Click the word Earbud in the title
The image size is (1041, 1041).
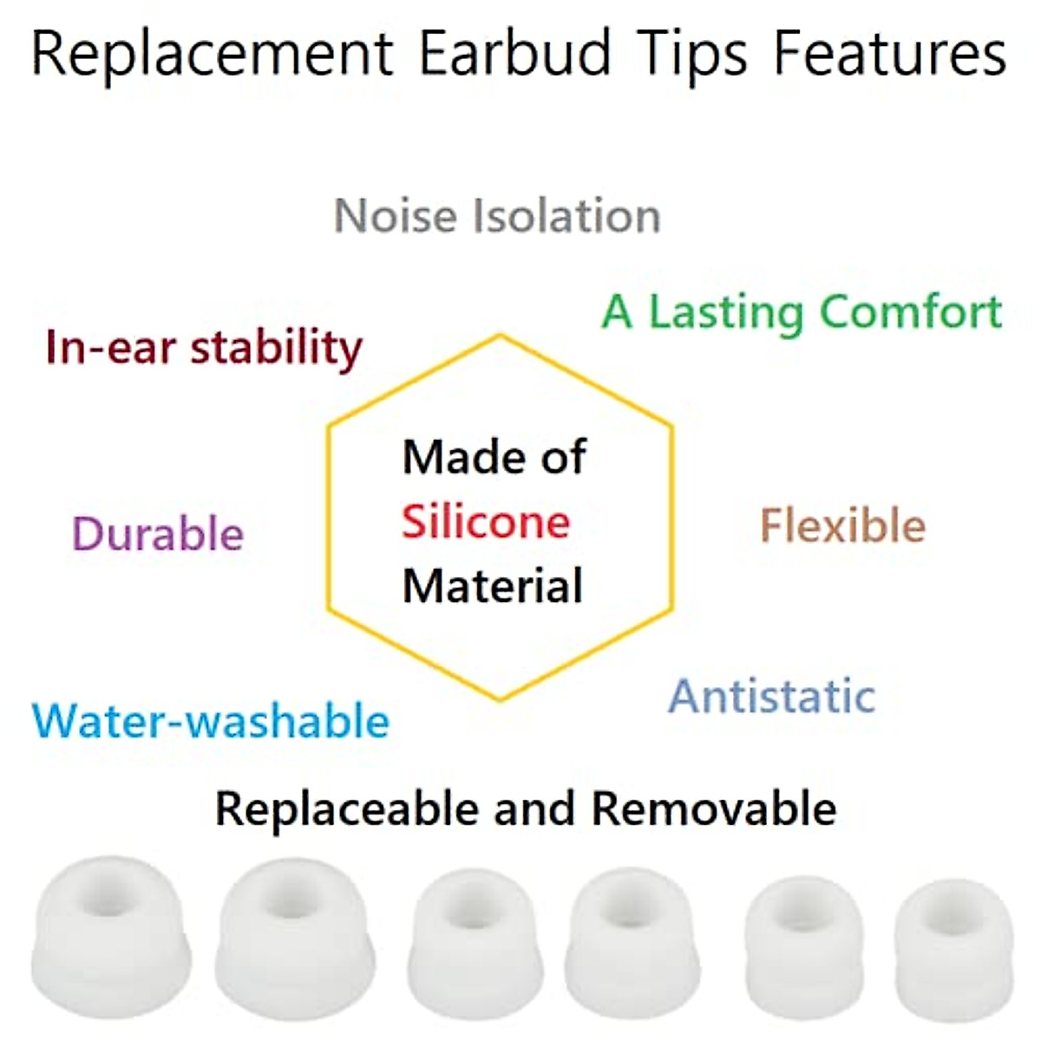tap(515, 54)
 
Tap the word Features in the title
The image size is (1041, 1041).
tap(890, 54)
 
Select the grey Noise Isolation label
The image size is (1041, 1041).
tap(497, 216)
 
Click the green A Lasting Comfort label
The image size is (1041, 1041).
tap(802, 312)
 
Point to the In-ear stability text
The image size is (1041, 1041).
tap(204, 347)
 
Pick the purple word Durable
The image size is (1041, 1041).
tap(158, 534)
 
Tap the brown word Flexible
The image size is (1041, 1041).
tap(842, 526)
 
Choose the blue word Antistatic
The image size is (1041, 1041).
tap(772, 696)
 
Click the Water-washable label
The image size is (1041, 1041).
tap(211, 721)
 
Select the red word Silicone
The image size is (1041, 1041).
tap(486, 522)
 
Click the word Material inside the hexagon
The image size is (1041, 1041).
tap(493, 586)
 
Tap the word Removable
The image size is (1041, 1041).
tap(714, 809)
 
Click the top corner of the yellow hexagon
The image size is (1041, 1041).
tap(500, 335)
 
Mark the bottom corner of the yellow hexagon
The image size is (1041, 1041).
tap(500, 699)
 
